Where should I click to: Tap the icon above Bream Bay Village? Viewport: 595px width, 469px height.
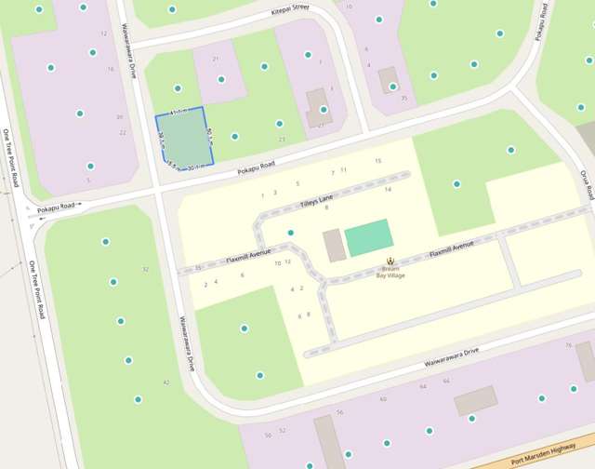click(391, 259)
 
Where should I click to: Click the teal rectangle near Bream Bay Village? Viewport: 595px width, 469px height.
click(368, 237)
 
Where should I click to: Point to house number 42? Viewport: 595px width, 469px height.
click(166, 382)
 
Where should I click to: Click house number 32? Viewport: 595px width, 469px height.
click(145, 269)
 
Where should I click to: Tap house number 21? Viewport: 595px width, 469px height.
click(216, 59)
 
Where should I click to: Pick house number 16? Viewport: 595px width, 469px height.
click(111, 69)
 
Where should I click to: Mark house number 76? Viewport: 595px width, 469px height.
click(568, 345)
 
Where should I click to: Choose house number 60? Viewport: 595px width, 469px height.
click(383, 399)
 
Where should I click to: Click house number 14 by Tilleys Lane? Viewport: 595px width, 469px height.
click(388, 189)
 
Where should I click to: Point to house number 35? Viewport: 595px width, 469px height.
click(403, 98)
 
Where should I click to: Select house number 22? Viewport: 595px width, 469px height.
click(123, 132)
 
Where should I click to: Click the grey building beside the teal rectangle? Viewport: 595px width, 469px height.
click(334, 246)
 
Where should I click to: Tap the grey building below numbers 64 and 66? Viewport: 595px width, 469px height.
click(475, 401)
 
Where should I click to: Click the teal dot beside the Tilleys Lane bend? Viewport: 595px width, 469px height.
click(291, 232)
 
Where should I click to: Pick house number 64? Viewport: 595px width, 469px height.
click(423, 385)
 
